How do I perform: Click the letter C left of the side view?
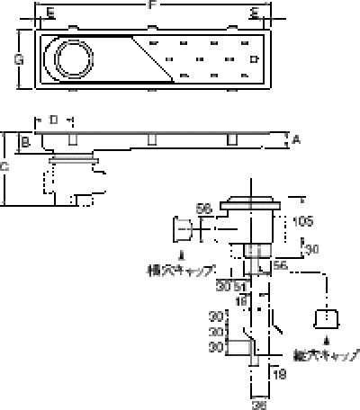(x=5, y=166)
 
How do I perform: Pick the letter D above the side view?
(x=54, y=120)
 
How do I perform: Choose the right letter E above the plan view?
(x=255, y=13)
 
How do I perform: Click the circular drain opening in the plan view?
(x=72, y=61)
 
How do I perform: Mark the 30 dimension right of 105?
(x=312, y=249)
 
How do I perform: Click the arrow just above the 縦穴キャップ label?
(x=325, y=341)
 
